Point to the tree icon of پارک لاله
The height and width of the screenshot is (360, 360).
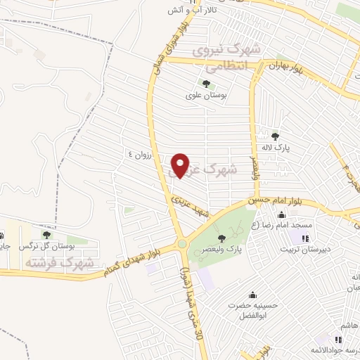275,136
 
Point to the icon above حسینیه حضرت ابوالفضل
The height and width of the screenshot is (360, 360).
252,295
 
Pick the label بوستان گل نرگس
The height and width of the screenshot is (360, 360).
46,247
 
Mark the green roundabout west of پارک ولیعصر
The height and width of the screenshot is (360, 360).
183,244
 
